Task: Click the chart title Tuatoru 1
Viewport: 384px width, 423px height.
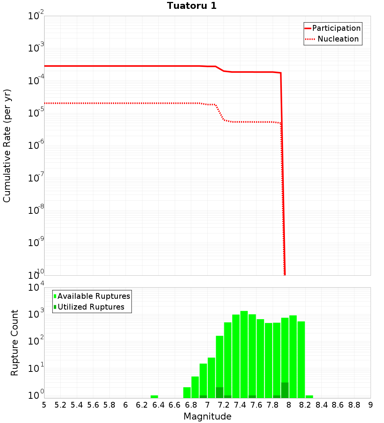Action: [192, 6]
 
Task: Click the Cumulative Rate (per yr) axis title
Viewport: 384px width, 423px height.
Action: [7, 146]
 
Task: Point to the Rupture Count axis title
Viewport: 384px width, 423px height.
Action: [15, 343]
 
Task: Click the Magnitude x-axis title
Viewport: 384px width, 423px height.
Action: [207, 416]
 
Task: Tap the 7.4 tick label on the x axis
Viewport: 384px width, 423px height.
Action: [240, 405]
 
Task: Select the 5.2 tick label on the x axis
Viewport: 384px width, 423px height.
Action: [60, 405]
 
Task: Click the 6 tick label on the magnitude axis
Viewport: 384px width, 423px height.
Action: [126, 405]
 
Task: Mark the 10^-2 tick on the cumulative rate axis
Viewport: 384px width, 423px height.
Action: [36, 16]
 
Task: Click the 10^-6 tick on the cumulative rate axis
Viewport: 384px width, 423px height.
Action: [36, 146]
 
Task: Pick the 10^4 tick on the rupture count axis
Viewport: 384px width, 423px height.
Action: [36, 288]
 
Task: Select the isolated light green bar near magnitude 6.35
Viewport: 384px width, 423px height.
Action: [154, 396]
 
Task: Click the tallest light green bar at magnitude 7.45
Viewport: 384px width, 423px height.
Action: [244, 354]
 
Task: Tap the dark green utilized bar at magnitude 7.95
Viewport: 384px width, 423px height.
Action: [285, 390]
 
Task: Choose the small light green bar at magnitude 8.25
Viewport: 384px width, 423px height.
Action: [309, 396]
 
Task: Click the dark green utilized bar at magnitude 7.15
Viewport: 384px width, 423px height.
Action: [220, 392]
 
